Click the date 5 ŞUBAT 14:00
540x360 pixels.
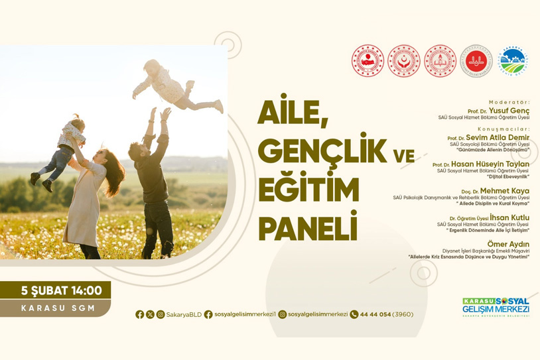(x=61, y=290)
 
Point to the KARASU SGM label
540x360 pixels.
(x=58, y=308)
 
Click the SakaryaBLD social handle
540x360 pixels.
(x=184, y=314)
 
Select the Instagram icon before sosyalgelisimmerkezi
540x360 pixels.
(x=283, y=314)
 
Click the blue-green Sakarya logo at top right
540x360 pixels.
(x=512, y=61)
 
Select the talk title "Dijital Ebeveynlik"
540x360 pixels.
(x=506, y=176)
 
